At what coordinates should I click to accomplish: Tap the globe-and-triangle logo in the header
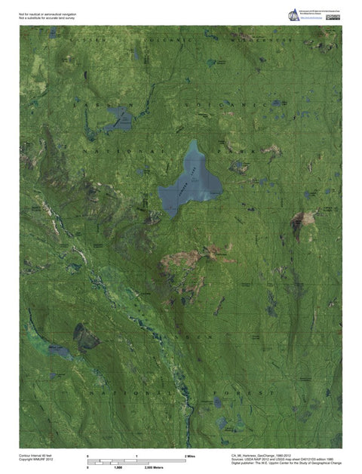[x=293, y=14]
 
